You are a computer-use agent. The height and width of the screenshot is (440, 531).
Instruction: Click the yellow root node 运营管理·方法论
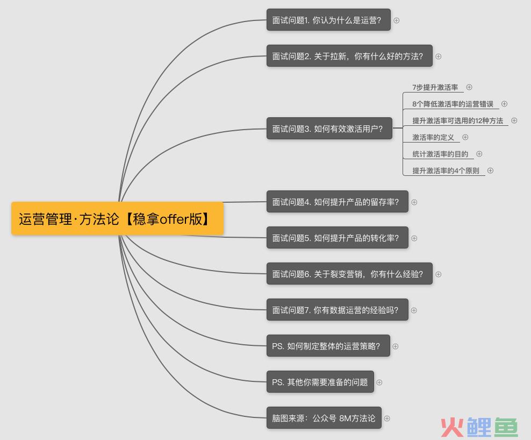pyautogui.click(x=117, y=218)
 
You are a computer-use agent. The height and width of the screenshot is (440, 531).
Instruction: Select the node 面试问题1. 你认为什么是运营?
pyautogui.click(x=328, y=20)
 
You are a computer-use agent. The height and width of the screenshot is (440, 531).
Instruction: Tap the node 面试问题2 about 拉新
pyautogui.click(x=349, y=56)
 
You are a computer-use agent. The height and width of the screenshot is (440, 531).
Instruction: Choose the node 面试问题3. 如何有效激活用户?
pyautogui.click(x=329, y=129)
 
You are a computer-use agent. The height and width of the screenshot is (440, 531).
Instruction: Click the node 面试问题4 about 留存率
pyautogui.click(x=338, y=202)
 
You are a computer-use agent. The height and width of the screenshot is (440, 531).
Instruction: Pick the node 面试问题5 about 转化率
pyautogui.click(x=338, y=238)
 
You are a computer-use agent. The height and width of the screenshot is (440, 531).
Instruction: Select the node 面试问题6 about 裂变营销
pyautogui.click(x=349, y=274)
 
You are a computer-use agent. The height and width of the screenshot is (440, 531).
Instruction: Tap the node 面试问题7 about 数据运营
pyautogui.click(x=338, y=310)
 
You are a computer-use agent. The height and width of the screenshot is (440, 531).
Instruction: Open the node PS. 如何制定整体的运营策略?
pyautogui.click(x=328, y=346)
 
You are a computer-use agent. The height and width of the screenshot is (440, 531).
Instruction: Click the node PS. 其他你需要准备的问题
pyautogui.click(x=320, y=382)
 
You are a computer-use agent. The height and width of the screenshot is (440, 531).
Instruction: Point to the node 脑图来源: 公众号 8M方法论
pyautogui.click(x=324, y=418)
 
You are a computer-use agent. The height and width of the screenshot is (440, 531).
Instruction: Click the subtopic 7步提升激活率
pyautogui.click(x=435, y=88)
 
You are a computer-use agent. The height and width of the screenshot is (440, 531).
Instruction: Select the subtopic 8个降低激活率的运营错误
pyautogui.click(x=453, y=104)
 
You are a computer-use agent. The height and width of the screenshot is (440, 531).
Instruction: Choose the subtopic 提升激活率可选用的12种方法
pyautogui.click(x=457, y=120)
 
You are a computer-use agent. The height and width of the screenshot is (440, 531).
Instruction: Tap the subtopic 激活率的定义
pyautogui.click(x=433, y=137)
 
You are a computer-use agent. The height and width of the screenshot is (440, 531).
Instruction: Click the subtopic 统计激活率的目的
pyautogui.click(x=440, y=154)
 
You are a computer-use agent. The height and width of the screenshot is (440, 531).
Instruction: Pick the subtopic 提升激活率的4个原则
pyautogui.click(x=446, y=171)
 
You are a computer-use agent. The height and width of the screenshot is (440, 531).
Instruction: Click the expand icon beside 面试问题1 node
pyautogui.click(x=396, y=20)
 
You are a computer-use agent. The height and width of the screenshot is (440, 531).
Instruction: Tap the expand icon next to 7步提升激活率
pyautogui.click(x=469, y=87)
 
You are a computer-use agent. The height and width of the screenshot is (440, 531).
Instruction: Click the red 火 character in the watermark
pyautogui.click(x=452, y=427)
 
